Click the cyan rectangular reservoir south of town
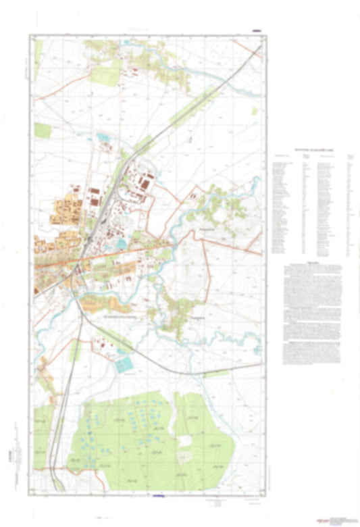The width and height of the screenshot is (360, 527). pos(124,366)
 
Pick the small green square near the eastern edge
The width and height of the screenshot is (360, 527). pos(255,111)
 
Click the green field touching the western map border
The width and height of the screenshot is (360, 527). pos(43,130)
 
